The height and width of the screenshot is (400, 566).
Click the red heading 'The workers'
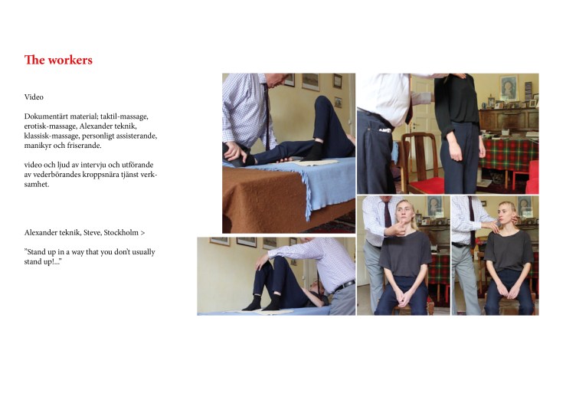[58, 60]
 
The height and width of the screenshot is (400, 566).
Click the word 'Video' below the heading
[34, 97]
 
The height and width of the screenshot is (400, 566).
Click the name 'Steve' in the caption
[93, 232]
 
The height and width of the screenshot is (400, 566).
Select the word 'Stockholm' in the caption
[121, 232]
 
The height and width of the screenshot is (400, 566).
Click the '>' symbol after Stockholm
[142, 233]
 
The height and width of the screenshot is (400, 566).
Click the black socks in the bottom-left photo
[263, 303]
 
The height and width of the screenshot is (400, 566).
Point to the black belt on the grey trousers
[345, 286]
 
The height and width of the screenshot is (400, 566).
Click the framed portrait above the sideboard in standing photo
[509, 87]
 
